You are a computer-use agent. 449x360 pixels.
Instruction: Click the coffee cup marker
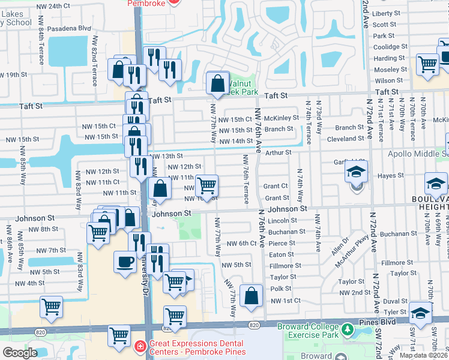[125, 263]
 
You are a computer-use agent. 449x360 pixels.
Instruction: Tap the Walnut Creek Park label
[241, 88]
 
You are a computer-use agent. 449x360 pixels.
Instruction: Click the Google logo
[20, 353]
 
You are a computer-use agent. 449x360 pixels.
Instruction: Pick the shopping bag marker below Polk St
[252, 295]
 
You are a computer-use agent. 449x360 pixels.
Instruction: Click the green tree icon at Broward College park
[347, 330]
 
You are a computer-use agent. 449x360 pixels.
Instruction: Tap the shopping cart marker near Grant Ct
[206, 185]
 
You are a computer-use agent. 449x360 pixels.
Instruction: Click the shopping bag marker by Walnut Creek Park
[217, 83]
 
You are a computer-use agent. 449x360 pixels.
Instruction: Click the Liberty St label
[386, 13]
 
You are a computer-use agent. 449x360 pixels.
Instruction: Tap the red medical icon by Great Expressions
[140, 346]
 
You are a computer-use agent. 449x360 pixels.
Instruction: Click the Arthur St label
[279, 153]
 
